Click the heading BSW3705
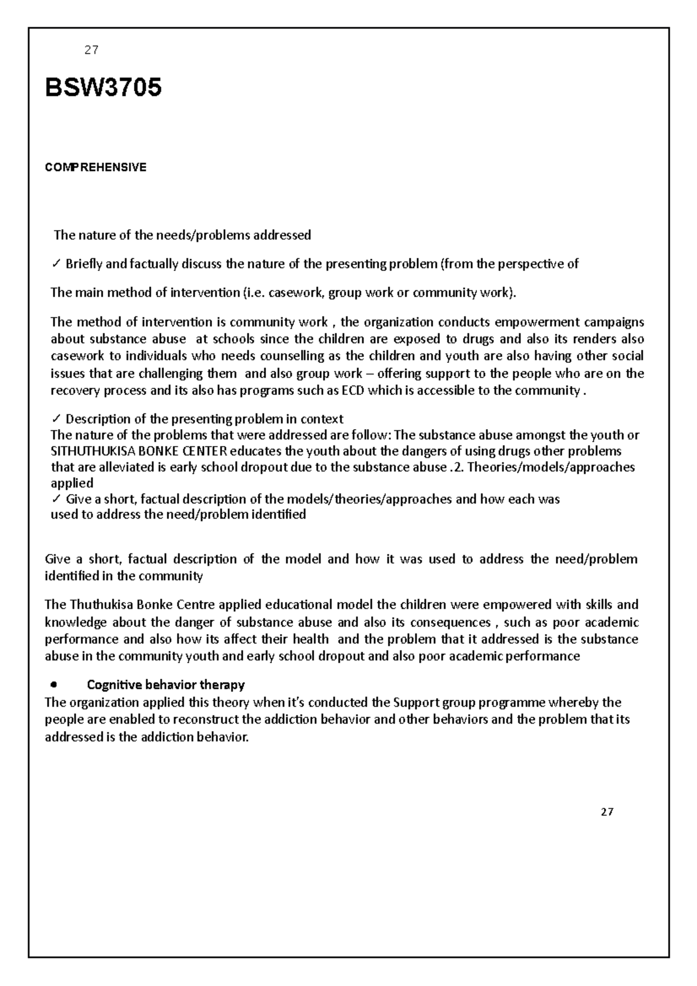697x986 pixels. (103, 89)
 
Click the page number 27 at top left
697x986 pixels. (91, 51)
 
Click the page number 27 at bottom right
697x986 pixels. (607, 812)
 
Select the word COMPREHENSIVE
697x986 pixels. (96, 168)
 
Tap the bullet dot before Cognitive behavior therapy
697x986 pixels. (54, 685)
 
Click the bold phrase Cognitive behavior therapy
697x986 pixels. (166, 685)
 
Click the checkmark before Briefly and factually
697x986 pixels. (56, 265)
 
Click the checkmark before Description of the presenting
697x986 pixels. (56, 419)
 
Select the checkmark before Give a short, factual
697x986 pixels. (56, 499)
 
